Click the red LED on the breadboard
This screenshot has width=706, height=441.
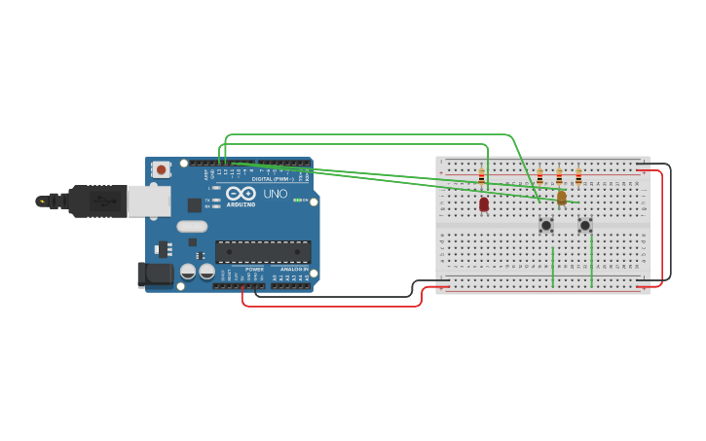[483, 203]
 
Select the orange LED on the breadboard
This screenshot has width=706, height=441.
[561, 198]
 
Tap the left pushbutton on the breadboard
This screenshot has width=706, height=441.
[546, 225]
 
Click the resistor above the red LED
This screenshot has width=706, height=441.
[481, 177]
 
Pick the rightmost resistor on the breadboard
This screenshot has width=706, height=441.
[578, 177]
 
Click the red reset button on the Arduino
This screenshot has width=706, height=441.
[162, 169]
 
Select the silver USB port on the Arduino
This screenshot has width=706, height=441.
[149, 201]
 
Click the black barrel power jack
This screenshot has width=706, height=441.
[155, 275]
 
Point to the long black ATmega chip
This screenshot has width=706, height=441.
[263, 252]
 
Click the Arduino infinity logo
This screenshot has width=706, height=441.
[241, 193]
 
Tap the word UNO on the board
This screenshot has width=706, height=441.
[276, 194]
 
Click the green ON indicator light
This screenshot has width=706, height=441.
[295, 200]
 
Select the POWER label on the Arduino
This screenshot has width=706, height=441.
[254, 270]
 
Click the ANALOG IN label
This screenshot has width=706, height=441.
[293, 270]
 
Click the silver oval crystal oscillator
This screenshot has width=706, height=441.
[192, 227]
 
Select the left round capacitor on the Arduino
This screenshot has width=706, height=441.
[189, 272]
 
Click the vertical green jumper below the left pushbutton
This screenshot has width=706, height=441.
[553, 267]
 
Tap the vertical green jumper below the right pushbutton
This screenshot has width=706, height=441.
[591, 262]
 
